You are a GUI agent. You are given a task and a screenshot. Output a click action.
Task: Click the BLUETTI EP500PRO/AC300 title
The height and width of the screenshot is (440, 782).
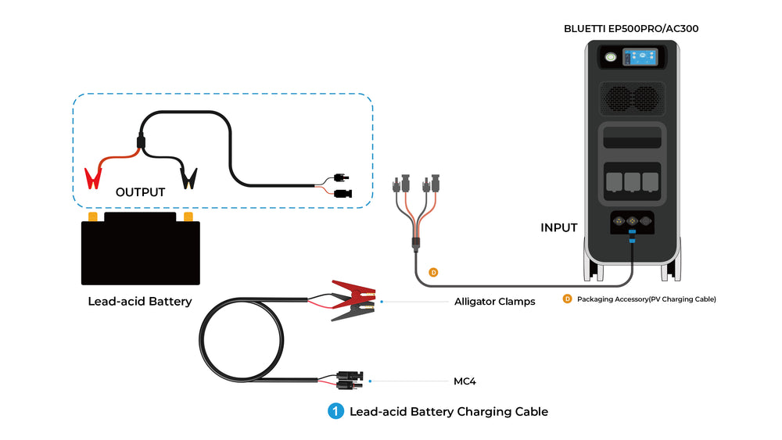[631, 28]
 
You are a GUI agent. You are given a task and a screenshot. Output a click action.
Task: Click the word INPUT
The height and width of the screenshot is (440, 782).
[559, 228]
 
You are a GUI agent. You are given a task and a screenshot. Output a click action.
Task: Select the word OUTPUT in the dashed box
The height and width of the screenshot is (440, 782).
[140, 191]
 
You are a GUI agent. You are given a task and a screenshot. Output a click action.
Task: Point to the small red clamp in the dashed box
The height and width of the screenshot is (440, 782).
[93, 177]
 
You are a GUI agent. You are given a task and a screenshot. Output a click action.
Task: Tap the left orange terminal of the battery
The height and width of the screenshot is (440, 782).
[93, 216]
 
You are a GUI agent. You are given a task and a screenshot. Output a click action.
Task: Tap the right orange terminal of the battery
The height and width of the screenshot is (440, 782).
[188, 216]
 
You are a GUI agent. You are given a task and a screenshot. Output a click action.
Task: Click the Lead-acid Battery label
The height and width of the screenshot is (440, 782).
[140, 301]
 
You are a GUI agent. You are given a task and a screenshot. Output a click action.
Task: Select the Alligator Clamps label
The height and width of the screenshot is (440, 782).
[494, 301]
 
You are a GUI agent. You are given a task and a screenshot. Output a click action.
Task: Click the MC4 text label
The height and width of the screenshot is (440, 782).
[465, 381]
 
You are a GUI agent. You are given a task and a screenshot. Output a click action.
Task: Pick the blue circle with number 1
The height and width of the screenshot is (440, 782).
[335, 411]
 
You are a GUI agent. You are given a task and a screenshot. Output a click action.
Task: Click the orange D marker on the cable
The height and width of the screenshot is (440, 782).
[433, 272]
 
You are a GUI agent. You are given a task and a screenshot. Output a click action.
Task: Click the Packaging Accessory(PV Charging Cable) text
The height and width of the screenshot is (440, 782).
[646, 299]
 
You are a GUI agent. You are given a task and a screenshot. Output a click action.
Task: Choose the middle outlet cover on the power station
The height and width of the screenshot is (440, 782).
[632, 181]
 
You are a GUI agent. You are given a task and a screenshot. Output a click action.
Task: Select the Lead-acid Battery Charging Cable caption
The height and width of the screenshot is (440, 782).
[449, 411]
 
